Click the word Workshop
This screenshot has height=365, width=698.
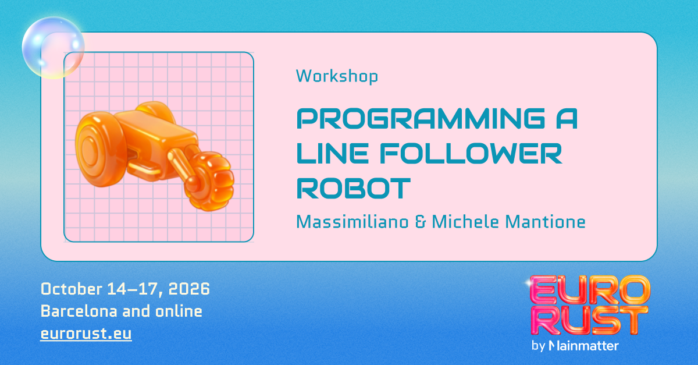tap(337, 76)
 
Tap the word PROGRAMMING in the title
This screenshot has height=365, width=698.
tap(421, 119)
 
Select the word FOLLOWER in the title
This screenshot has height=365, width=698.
tap(471, 154)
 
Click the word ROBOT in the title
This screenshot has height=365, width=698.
tap(354, 188)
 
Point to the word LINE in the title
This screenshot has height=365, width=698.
tap(333, 154)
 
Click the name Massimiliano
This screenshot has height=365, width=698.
tap(352, 222)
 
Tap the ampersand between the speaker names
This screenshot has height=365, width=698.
tap(420, 222)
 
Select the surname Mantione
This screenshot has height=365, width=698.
tap(546, 222)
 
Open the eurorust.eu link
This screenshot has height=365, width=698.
tap(86, 333)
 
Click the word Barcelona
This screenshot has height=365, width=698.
tap(79, 311)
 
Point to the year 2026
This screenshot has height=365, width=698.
tap(189, 289)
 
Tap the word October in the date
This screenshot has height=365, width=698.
tap(72, 289)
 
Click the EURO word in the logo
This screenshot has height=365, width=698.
tap(590, 289)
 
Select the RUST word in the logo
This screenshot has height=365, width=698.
tap(589, 320)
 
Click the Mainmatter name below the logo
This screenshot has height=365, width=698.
tap(583, 346)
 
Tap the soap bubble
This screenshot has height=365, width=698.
tap(54, 47)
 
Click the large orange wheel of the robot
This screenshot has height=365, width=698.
tap(99, 149)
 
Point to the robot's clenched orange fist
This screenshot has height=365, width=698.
tap(210, 181)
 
